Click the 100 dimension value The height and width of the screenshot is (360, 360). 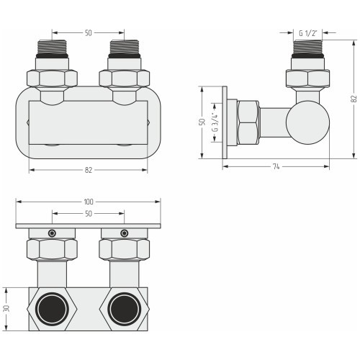point(89,202)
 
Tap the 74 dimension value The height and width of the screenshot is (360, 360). point(276,166)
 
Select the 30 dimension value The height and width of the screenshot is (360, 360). point(6,308)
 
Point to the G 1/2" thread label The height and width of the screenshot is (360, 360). point(307,33)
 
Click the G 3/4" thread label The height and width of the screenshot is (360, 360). point(215,122)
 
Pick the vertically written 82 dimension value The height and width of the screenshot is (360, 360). point(354,99)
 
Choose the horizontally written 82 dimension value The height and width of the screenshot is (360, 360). point(89,170)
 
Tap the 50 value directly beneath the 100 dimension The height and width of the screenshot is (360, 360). point(89,213)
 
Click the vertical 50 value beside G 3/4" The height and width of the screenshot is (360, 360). point(203,122)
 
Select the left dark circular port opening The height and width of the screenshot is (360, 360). point(52,308)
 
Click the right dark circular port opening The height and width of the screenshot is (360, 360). point(124,308)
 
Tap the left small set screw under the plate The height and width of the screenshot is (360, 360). point(52,233)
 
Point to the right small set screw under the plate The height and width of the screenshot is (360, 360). point(124,233)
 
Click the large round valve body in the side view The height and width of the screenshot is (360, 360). point(307,122)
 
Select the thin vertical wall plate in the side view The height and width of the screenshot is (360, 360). point(225,122)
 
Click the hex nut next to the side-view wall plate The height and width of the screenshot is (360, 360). point(248,123)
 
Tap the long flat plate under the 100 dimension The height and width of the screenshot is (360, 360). point(88,226)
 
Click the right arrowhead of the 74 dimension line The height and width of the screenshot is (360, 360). point(327,166)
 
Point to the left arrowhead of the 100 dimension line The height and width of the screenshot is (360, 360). point(19,202)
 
